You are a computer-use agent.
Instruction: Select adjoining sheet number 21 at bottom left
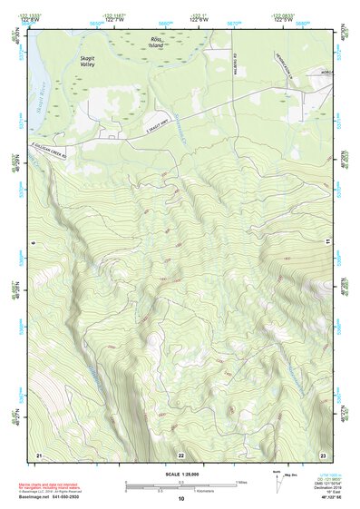pyautogui.click(x=39, y=453)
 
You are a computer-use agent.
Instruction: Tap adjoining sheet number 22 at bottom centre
pyautogui.click(x=180, y=454)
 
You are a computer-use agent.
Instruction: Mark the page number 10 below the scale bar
pyautogui.click(x=180, y=499)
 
